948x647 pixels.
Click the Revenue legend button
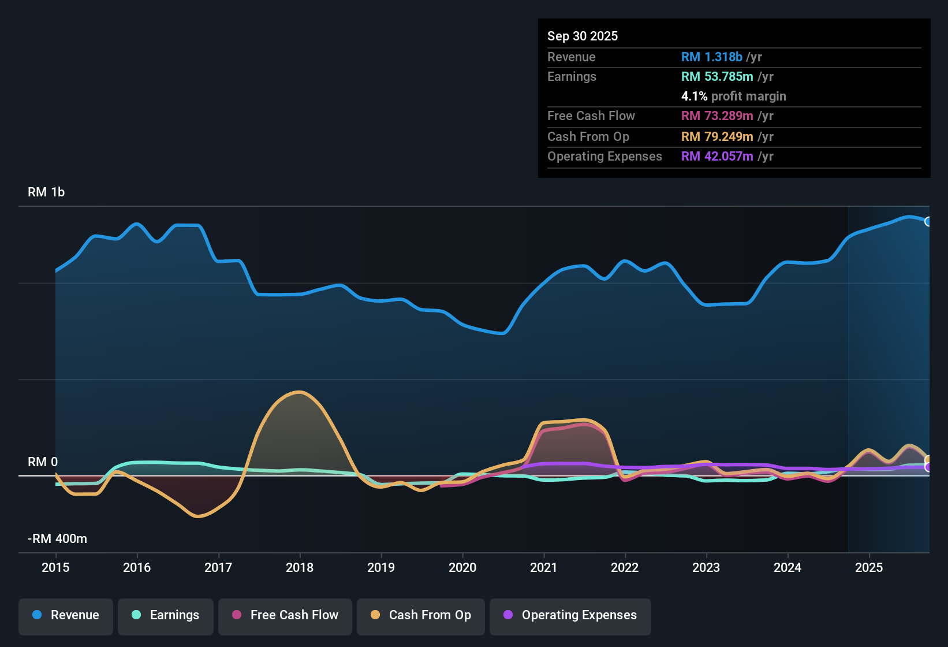[x=66, y=615]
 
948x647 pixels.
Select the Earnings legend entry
[x=166, y=615]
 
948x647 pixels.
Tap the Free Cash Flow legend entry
[x=285, y=615]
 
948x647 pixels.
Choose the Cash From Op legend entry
[x=421, y=615]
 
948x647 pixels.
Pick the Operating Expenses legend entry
[x=570, y=615]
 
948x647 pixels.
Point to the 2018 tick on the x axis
[x=300, y=567]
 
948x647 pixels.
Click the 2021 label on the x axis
[x=544, y=567]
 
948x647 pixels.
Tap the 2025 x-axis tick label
[x=869, y=567]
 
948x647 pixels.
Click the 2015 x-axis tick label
[x=55, y=567]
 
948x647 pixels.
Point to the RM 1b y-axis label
[x=46, y=192]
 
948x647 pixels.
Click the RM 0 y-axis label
[x=43, y=462]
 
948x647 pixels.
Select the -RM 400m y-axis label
[x=57, y=539]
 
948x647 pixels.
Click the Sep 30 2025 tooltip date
[x=583, y=36]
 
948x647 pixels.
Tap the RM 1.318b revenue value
[x=711, y=57]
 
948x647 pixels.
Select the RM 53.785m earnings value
[x=717, y=77]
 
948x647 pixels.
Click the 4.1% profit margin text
[x=733, y=96]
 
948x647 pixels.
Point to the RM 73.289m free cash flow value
[x=717, y=116]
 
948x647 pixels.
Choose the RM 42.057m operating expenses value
[x=717, y=157]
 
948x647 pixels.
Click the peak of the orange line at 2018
[x=299, y=392]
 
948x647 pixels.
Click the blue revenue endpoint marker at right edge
[x=928, y=221]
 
